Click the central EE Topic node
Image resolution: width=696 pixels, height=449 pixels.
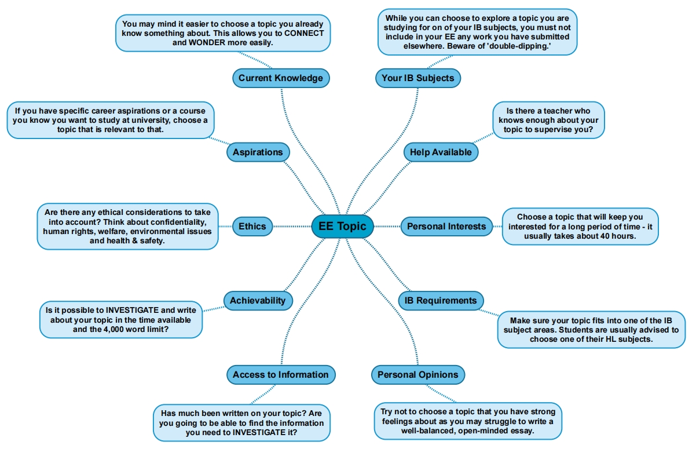coord(342,226)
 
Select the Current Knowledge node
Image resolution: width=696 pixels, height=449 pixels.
coord(281,78)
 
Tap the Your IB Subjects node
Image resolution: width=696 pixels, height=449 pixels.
coord(417,78)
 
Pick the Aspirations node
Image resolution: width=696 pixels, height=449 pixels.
coord(258,152)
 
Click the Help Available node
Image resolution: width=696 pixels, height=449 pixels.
coord(441,152)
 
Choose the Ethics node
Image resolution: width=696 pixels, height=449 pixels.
coord(252,226)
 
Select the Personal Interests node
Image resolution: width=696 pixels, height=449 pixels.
coord(446,226)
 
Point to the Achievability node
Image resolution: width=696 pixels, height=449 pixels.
coord(258,300)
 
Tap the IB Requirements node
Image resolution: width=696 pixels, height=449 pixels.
coord(441,300)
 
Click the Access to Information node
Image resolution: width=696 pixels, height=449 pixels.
coord(281,375)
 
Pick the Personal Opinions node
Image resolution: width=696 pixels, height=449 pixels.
coord(417,375)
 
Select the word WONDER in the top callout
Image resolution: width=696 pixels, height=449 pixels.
coord(208,43)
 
